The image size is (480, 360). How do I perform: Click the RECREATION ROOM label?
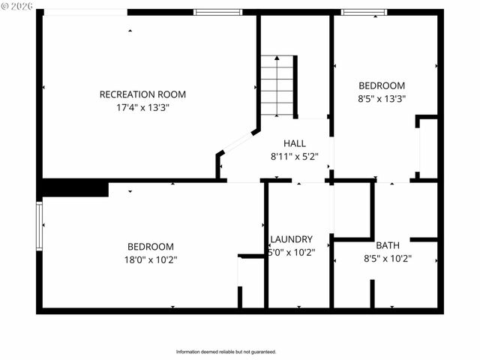point(142,94)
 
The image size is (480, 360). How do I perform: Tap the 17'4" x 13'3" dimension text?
point(142,107)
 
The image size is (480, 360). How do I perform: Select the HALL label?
point(295,143)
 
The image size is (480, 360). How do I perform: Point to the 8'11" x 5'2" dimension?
point(295,157)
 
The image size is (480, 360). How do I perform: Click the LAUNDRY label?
point(291,239)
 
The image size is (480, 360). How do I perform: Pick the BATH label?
point(388,245)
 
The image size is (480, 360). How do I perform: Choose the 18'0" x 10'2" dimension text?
point(151,259)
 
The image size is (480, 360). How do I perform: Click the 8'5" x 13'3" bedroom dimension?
point(382,98)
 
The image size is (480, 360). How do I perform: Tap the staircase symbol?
point(277,85)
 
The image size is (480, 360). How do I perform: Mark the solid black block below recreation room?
point(75,187)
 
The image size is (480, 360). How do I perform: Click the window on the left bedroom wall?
point(40,224)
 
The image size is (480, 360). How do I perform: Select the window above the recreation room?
point(217,12)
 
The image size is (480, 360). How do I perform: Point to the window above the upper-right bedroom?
point(364,12)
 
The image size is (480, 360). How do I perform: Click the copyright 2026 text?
point(17,6)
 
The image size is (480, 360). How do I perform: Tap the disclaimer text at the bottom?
point(226,352)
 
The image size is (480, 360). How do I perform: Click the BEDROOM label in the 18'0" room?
point(151,246)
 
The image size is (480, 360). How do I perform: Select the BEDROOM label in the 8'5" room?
point(382,85)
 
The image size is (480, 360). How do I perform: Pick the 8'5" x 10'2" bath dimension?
point(388,259)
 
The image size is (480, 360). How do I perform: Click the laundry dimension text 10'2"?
point(292,253)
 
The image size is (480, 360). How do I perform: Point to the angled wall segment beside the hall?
point(238,142)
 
